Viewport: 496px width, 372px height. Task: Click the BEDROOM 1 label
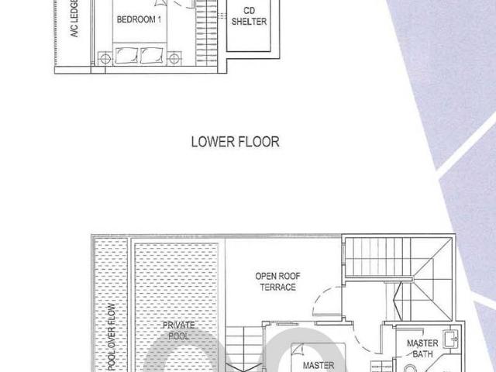(x=139, y=19)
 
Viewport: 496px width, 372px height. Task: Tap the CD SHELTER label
(x=249, y=16)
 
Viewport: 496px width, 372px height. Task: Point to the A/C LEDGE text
(x=74, y=19)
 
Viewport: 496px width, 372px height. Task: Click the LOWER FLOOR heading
(x=236, y=142)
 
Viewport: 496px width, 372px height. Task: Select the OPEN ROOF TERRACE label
(x=277, y=281)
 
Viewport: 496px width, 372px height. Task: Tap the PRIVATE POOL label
(x=179, y=330)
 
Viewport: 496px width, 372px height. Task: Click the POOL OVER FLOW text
(x=112, y=337)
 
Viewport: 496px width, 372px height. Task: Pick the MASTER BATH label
(x=422, y=349)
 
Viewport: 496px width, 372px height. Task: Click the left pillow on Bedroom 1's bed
(x=126, y=56)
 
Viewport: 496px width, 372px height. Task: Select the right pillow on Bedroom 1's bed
(x=152, y=56)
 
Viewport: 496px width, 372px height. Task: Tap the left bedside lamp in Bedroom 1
(x=105, y=59)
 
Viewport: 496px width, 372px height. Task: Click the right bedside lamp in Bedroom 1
(x=174, y=59)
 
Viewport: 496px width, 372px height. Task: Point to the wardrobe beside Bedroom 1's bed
(x=206, y=33)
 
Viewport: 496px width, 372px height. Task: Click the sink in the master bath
(x=451, y=339)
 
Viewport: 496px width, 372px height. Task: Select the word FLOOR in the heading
(x=257, y=142)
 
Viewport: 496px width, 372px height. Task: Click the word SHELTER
(x=249, y=22)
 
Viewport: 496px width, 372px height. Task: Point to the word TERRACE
(x=277, y=288)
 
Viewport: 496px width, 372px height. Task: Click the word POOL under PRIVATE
(x=179, y=336)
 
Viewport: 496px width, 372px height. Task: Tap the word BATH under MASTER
(x=422, y=354)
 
